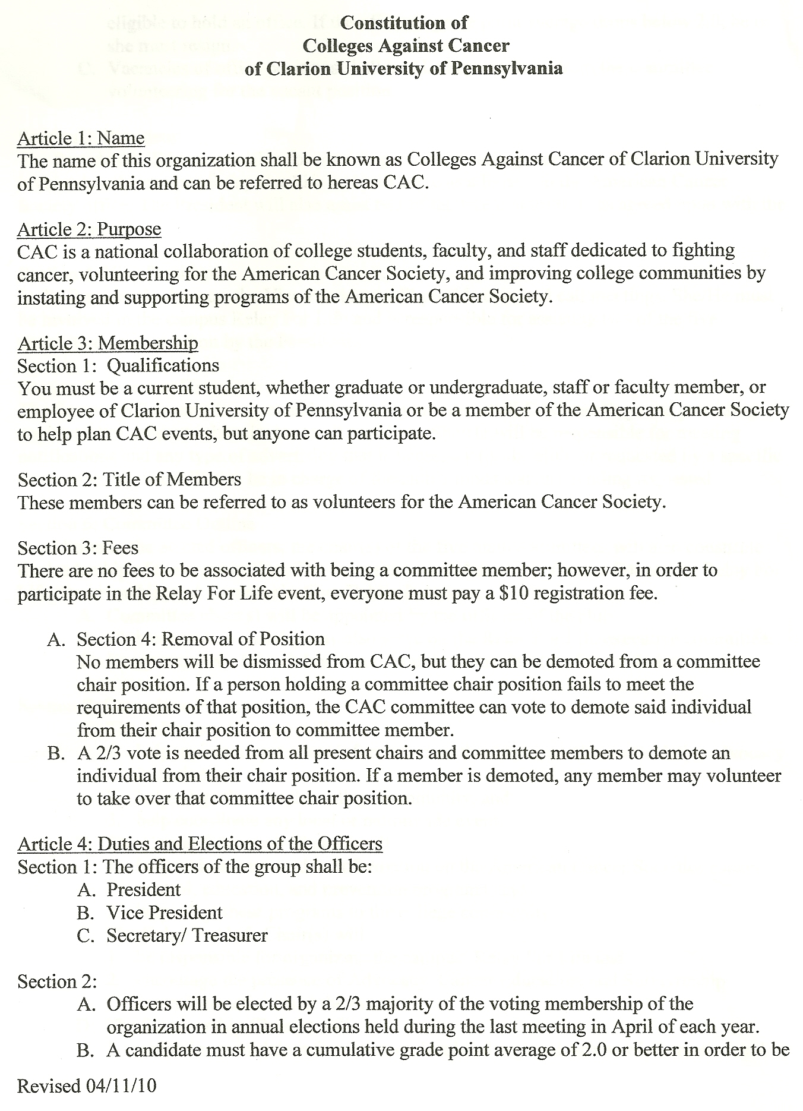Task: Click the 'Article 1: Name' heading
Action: [x=81, y=138]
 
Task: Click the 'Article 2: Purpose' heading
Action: [x=89, y=229]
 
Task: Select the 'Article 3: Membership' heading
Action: [x=108, y=343]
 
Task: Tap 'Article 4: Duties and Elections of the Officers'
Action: [x=200, y=844]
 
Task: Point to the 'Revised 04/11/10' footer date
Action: [x=87, y=1086]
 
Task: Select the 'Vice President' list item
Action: [x=165, y=913]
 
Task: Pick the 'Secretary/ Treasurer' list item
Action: [x=187, y=936]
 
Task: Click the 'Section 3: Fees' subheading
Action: [x=78, y=548]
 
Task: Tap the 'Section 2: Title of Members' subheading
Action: [x=129, y=479]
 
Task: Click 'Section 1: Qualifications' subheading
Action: [x=118, y=365]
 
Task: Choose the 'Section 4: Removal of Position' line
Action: [x=201, y=639]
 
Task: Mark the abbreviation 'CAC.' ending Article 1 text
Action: [x=406, y=183]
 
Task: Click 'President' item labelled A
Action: [x=144, y=890]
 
